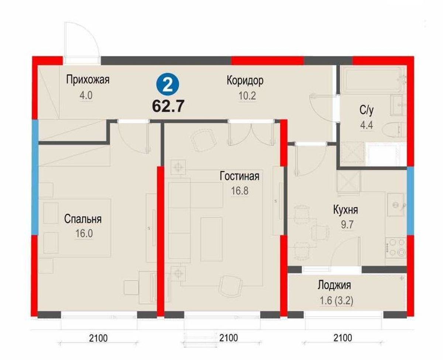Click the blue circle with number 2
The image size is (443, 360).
168,85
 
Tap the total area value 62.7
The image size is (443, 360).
168,106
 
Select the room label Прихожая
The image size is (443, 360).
88,80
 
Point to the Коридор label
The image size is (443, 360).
245,81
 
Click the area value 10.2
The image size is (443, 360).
247,96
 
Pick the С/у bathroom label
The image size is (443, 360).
367,110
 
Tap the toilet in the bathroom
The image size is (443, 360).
394,129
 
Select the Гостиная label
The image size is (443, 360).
240,176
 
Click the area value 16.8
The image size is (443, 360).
240,191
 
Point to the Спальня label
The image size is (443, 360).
83,219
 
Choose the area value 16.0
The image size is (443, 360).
84,233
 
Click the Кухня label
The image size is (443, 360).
346,210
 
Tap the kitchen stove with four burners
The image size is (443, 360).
396,247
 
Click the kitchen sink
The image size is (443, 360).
396,205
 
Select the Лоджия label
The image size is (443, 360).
334,285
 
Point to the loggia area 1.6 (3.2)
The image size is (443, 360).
337,301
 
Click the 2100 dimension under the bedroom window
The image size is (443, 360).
98,338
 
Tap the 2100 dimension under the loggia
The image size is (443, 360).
343,338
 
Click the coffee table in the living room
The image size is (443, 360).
211,239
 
